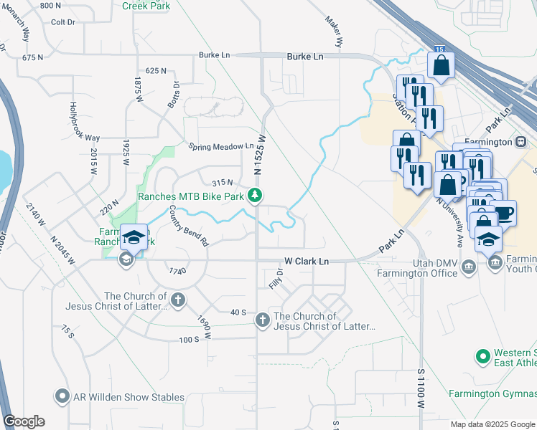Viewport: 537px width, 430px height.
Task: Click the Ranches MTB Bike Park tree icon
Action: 254,194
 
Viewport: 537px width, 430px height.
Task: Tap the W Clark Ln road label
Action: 307,262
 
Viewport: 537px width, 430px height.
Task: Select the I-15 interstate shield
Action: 438,47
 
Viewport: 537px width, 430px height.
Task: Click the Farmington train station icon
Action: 522,141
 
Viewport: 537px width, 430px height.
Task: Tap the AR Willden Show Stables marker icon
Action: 62,396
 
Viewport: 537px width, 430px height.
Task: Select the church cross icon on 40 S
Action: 177,300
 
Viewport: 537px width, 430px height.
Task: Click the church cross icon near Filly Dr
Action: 263,320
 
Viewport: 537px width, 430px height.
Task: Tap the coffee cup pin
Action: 505,213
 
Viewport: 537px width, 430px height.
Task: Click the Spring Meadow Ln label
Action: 221,147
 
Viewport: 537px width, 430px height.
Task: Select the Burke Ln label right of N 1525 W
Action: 305,55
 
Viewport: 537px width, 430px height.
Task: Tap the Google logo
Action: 24,421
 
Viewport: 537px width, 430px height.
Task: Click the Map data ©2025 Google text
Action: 492,424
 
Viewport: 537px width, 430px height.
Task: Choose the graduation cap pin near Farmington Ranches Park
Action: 134,236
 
